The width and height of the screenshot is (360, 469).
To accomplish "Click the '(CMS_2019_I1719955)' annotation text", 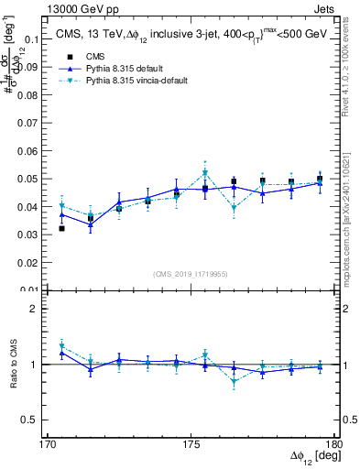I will (x=191, y=273).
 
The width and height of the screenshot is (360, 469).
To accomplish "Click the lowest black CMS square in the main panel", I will (x=61, y=228).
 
